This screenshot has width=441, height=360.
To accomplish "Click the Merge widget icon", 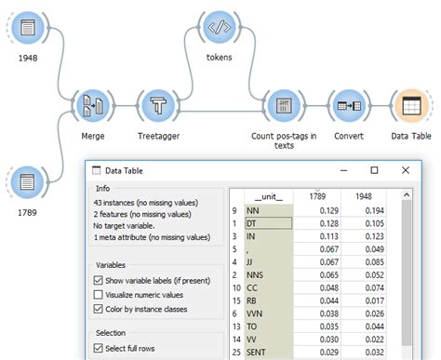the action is tap(93, 106).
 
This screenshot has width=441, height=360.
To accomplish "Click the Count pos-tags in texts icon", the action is tap(285, 106).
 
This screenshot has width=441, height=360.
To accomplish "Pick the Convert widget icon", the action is tap(349, 106).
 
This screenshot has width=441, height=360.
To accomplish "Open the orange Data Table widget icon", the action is tap(410, 106).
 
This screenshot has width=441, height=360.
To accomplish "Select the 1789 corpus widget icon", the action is tap(28, 182).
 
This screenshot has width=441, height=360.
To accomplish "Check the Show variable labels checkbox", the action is tap(100, 280).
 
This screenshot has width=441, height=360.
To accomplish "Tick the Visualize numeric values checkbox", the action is tap(100, 294).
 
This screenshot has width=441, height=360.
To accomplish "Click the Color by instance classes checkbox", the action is tap(100, 308).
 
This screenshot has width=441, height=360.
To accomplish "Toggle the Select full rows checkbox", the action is tap(100, 349).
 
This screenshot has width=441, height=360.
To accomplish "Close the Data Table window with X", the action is tap(405, 171).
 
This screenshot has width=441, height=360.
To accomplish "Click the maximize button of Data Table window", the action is tap(374, 171).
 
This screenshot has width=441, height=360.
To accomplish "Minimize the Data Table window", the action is tap(342, 171).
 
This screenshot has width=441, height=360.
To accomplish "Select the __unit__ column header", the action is tap(270, 196).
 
